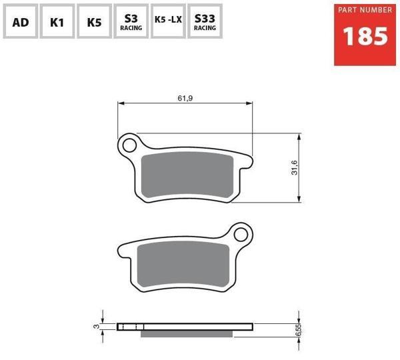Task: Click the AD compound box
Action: pos(21,21)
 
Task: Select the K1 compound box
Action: pos(57,21)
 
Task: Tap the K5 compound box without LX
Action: pos(94,21)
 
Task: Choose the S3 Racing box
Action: pos(131,21)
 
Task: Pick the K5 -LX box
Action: pos(168,21)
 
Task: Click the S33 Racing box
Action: pos(205,21)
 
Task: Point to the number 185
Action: pos(365,36)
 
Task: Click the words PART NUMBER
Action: pos(365,10)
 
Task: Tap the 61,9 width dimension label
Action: pos(185,98)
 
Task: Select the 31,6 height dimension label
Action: pos(295,167)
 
